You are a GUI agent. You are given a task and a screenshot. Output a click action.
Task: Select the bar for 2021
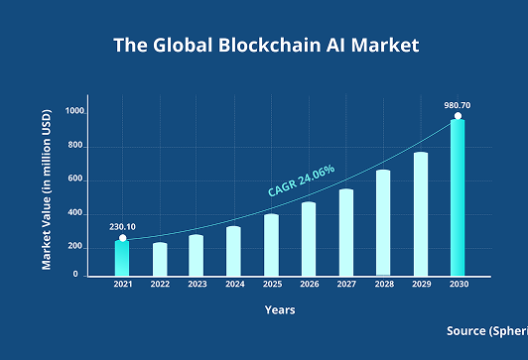point(122,257)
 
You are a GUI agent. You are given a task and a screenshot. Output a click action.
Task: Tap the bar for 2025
point(271,244)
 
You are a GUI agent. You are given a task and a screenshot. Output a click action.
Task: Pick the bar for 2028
point(383,222)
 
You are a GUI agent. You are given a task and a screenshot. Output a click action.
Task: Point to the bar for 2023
point(197,255)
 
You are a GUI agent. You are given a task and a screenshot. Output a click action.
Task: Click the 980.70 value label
point(458,104)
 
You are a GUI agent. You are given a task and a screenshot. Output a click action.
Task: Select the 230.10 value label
point(123,226)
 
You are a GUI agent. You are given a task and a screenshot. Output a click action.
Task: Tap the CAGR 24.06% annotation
point(302,180)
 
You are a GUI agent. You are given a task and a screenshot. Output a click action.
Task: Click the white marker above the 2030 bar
point(458,117)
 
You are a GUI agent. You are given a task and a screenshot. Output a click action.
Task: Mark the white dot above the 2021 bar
point(123,238)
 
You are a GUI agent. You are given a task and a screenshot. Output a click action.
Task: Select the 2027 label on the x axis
point(345,285)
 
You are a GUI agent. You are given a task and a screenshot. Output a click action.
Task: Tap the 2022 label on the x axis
point(160,285)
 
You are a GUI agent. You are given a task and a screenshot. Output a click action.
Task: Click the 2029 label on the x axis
point(420,285)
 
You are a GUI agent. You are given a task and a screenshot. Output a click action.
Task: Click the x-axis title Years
point(279,310)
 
